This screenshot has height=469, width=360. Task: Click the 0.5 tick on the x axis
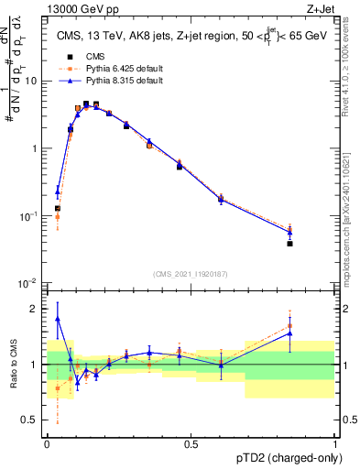point(191,443)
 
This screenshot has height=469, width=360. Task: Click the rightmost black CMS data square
point(315,244)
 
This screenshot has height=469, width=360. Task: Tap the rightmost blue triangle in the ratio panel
point(315,334)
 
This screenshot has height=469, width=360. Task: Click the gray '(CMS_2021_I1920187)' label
point(191,272)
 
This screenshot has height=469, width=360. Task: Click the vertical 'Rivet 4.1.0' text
point(352,67)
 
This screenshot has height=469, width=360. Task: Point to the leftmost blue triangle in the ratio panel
point(58,320)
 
